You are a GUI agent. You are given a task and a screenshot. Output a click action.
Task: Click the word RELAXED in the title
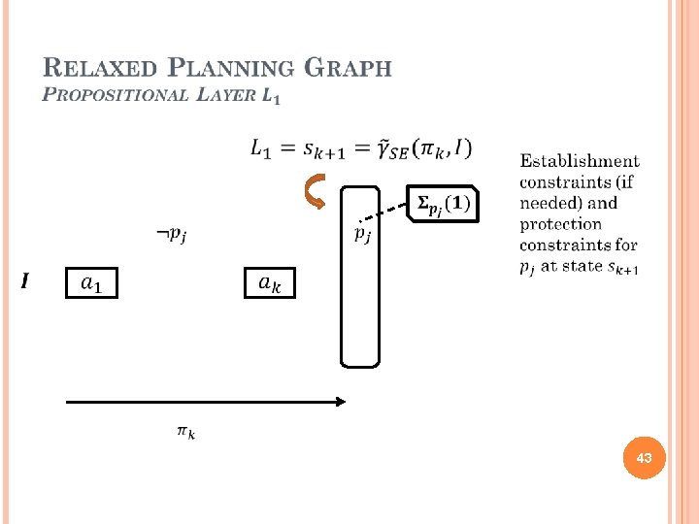[100, 69]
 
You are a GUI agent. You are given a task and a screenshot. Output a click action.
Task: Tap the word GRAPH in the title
[348, 69]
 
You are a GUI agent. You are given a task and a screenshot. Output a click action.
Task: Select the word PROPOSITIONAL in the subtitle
[117, 95]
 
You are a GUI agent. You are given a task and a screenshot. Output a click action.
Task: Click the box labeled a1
[90, 283]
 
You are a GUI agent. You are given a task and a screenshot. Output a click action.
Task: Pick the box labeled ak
[269, 283]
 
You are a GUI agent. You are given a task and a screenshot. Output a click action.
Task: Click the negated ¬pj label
[172, 234]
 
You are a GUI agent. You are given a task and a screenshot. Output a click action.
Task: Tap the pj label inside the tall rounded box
[360, 233]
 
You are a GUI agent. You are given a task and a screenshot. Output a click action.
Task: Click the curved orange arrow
[316, 192]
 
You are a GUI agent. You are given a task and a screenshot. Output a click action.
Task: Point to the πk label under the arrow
[185, 432]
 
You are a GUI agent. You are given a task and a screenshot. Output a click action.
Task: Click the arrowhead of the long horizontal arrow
[340, 401]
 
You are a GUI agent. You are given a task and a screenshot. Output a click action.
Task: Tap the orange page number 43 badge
[644, 456]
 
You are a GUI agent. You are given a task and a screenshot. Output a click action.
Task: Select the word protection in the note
[560, 224]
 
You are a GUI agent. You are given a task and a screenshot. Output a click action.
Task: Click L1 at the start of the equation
[263, 148]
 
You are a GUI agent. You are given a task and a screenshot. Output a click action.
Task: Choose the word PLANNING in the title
[231, 69]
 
